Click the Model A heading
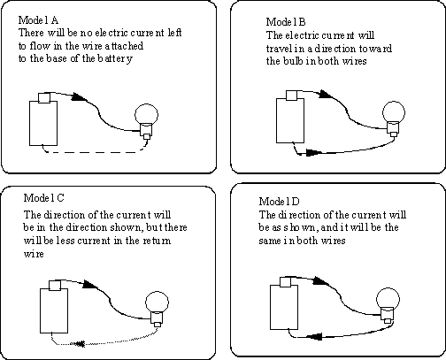coord(38,20)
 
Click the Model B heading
coord(286,22)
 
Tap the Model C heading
coord(43,197)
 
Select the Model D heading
coord(279,202)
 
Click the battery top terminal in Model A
coord(44,98)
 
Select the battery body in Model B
coord(290,120)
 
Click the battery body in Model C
coord(54,310)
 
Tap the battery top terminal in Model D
coord(285,282)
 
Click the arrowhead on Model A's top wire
coord(79,96)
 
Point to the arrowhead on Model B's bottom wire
coord(314,152)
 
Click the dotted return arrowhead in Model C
coord(79,344)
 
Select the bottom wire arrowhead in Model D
coord(314,336)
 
